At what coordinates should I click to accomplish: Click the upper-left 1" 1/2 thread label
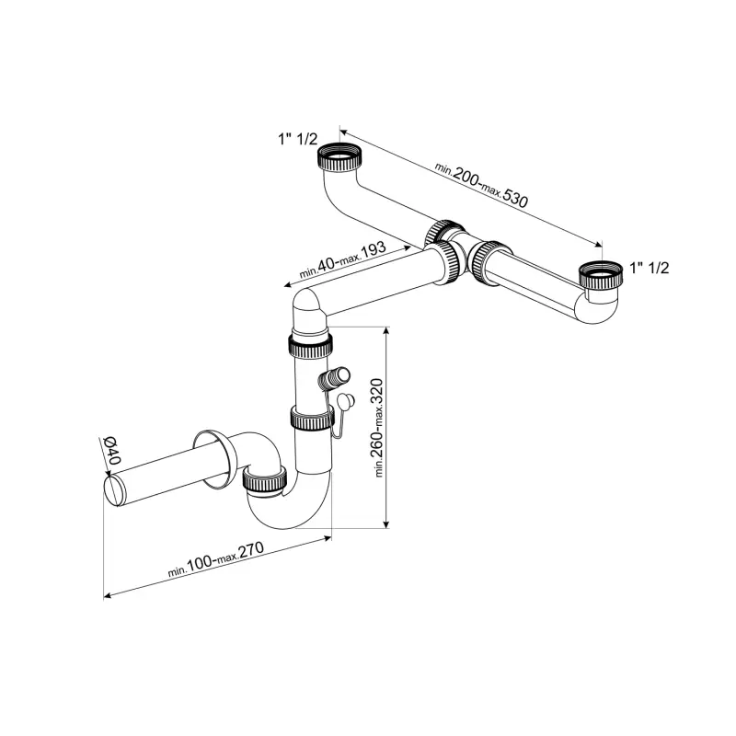tap(298, 139)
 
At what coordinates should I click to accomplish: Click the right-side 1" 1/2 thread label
tap(650, 268)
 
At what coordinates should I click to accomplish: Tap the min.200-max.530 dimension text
tap(481, 185)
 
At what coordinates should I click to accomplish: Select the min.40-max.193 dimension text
tap(342, 259)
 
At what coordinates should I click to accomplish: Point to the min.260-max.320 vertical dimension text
tap(378, 427)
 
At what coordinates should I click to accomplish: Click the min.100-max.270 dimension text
tap(216, 558)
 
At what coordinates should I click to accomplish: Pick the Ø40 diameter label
tap(111, 451)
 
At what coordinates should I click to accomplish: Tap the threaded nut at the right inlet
tap(601, 274)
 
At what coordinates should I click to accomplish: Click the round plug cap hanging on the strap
tap(346, 402)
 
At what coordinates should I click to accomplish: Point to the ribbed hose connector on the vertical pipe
tap(334, 378)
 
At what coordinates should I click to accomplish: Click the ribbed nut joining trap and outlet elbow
tap(265, 482)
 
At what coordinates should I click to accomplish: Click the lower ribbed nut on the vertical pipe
tap(312, 418)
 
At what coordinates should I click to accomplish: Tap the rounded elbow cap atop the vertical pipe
tap(307, 310)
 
